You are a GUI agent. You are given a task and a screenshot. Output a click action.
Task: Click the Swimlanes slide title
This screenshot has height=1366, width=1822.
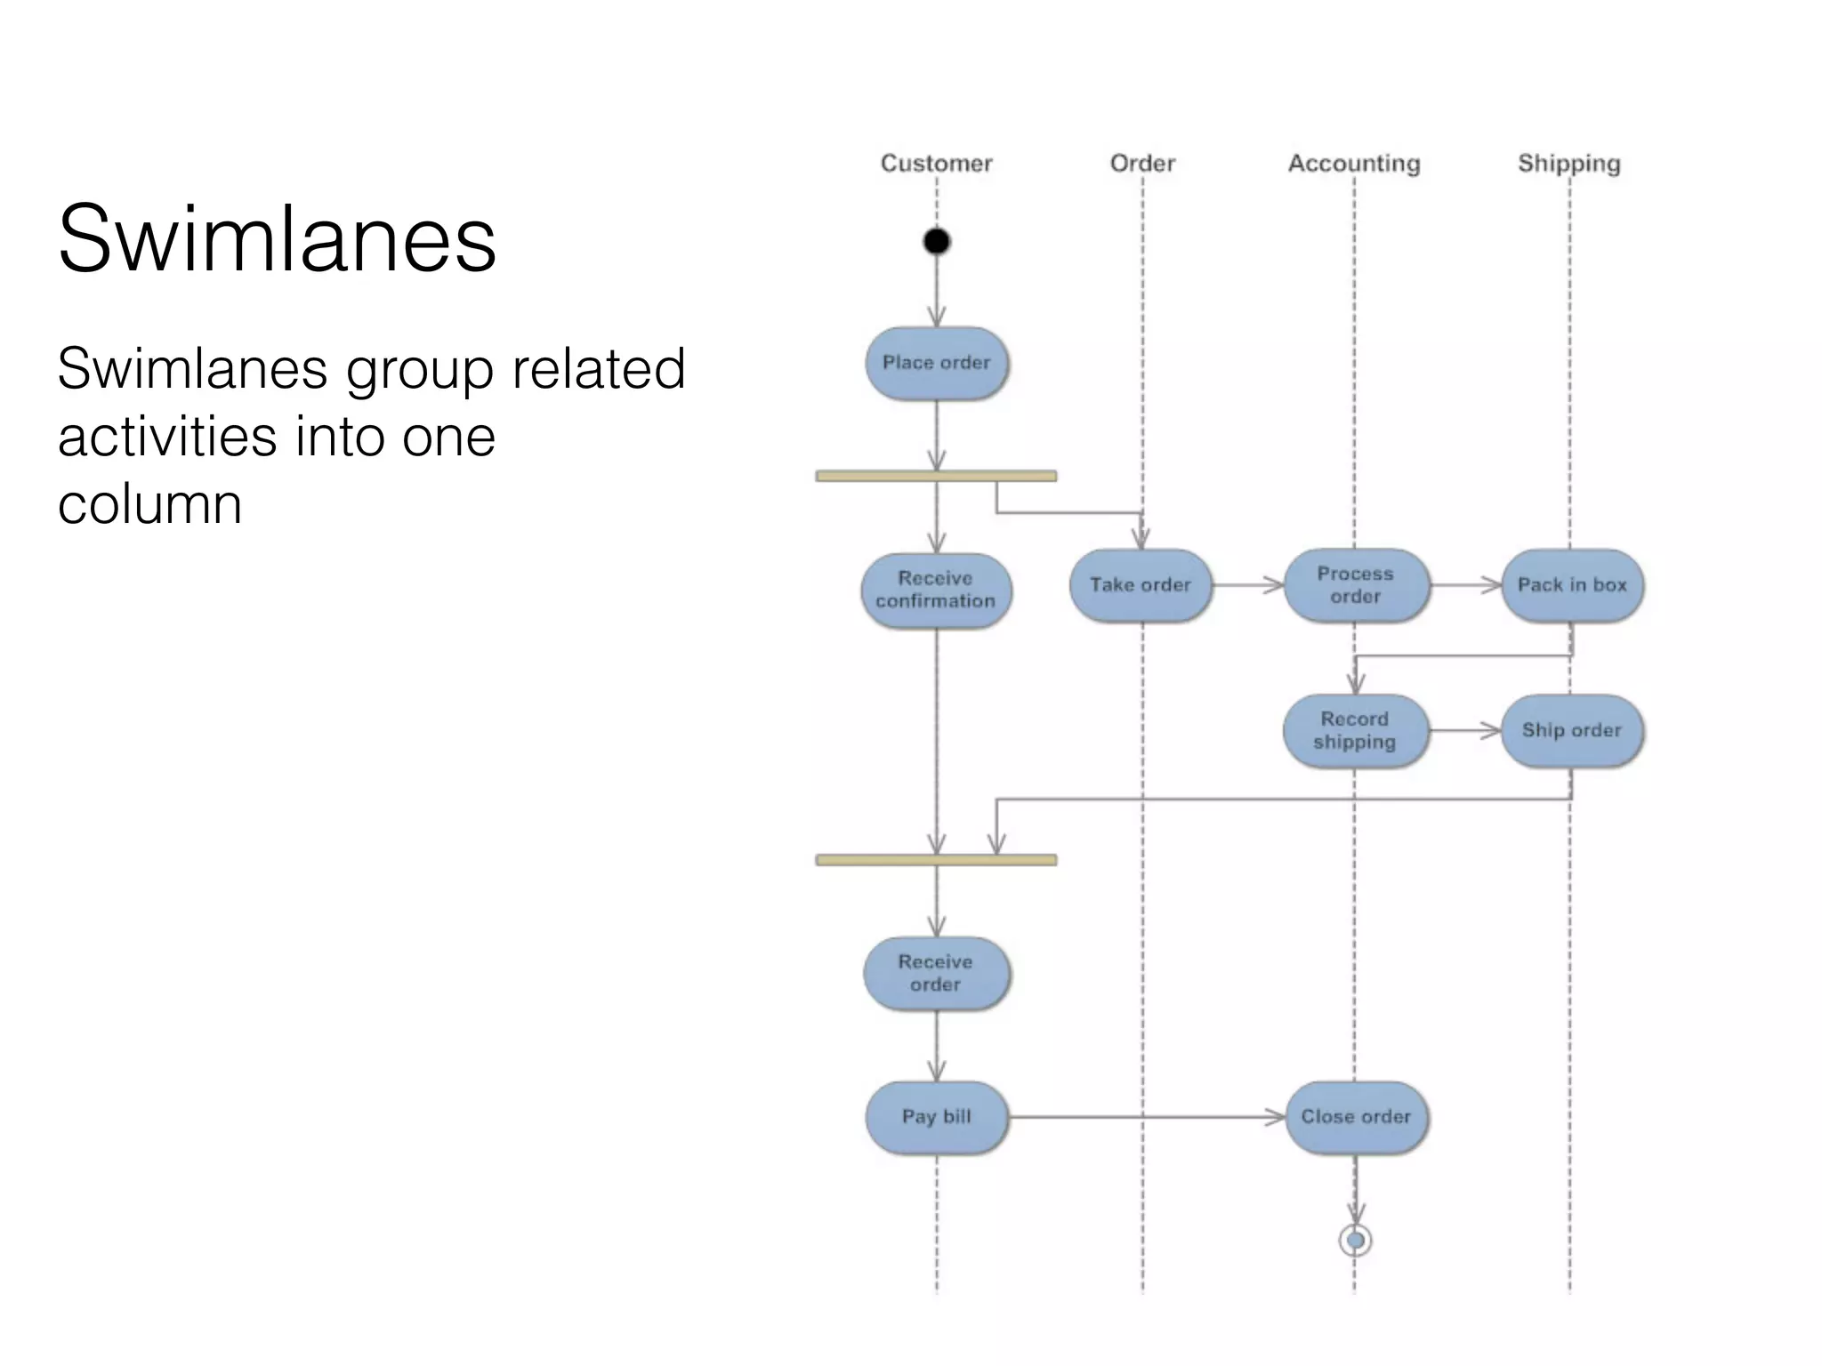tap(277, 238)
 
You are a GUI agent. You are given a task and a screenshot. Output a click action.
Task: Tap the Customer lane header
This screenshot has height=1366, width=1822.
tap(936, 164)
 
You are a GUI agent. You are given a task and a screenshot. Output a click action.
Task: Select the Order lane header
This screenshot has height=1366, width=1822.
tap(1142, 164)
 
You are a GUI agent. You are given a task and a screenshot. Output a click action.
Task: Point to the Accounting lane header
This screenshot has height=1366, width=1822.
tap(1354, 164)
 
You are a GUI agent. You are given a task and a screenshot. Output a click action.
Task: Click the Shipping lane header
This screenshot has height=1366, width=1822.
tap(1569, 164)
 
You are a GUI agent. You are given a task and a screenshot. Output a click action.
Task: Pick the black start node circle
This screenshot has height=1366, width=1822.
tap(937, 241)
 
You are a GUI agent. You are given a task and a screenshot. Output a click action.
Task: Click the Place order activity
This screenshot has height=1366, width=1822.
tap(937, 363)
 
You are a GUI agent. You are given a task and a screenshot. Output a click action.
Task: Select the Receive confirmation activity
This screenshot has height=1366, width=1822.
tap(936, 590)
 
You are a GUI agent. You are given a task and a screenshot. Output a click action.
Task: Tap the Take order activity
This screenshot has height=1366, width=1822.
tap(1141, 585)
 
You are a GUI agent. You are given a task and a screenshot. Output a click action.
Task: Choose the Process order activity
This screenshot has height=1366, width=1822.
tap(1356, 585)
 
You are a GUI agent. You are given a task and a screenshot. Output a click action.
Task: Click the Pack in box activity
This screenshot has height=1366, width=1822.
tap(1572, 585)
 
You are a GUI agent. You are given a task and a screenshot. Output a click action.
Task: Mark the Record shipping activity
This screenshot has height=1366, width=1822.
tap(1355, 730)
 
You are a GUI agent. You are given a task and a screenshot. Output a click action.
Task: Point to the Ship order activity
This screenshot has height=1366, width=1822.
tap(1572, 730)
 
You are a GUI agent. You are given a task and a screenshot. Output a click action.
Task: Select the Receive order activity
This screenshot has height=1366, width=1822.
tap(936, 973)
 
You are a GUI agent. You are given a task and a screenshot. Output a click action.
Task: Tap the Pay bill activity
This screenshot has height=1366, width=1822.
tap(937, 1117)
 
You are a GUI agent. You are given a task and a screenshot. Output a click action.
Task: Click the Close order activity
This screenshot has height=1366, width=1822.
tap(1356, 1117)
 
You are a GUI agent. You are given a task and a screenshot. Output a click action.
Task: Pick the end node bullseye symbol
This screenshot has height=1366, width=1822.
tap(1355, 1240)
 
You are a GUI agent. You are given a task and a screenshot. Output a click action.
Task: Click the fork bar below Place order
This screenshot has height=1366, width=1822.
tap(936, 477)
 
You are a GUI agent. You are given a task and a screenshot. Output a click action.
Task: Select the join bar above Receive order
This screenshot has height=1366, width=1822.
tap(936, 860)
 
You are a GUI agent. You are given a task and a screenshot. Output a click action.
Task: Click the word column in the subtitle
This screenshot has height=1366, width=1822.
tap(149, 504)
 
